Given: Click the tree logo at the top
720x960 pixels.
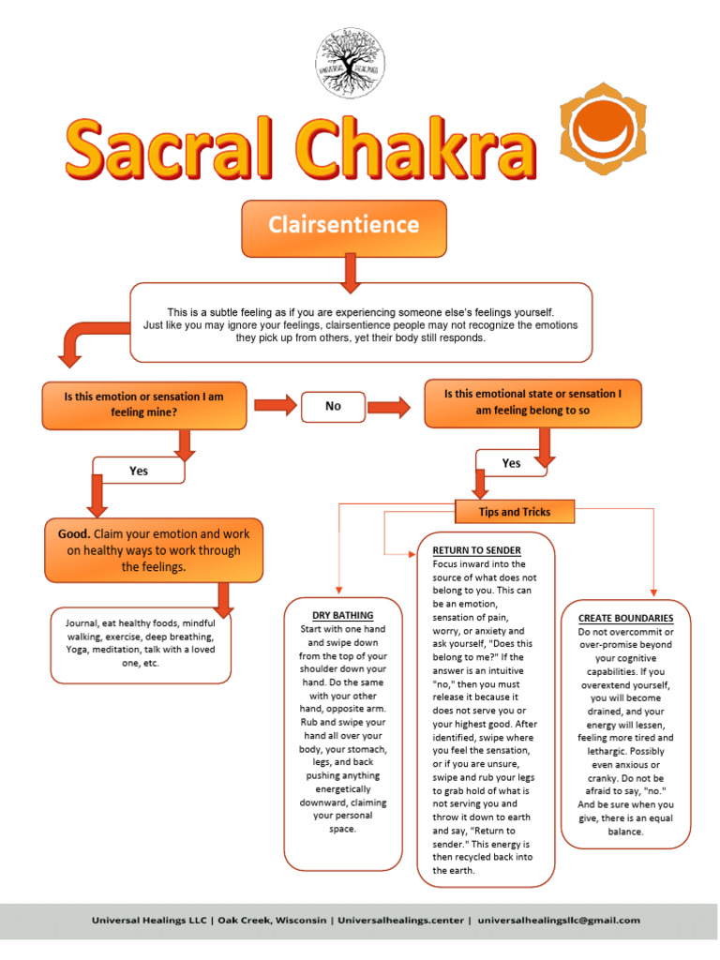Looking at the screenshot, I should pyautogui.click(x=351, y=62).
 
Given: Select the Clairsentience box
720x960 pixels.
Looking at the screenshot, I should pyautogui.click(x=344, y=227).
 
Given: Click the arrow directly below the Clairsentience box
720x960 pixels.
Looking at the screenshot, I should pyautogui.click(x=352, y=272).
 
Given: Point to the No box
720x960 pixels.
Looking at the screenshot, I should pyautogui.click(x=333, y=406).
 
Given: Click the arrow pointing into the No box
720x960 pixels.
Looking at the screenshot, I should pyautogui.click(x=275, y=406).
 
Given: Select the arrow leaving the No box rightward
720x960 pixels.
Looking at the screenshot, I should pyautogui.click(x=389, y=406).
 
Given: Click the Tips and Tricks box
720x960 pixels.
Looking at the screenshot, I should pyautogui.click(x=514, y=512).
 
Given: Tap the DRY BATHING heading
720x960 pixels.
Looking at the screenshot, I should pyautogui.click(x=342, y=615).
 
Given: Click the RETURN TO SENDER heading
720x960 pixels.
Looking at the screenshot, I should pyautogui.click(x=476, y=549).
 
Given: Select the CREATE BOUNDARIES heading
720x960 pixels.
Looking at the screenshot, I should pyautogui.click(x=625, y=618).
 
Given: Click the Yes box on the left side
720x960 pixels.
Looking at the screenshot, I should pyautogui.click(x=139, y=471).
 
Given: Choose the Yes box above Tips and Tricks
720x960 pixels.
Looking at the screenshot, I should pyautogui.click(x=511, y=463).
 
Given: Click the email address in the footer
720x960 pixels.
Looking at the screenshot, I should pyautogui.click(x=559, y=921).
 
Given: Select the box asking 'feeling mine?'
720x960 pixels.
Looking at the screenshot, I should pyautogui.click(x=144, y=404).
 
